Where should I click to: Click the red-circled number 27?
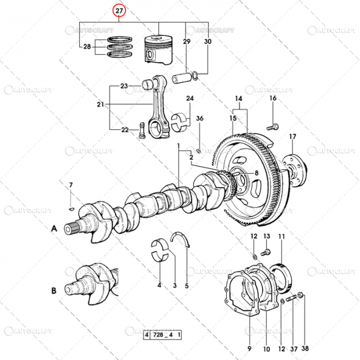point(119,10)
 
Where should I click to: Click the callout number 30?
point(208,41)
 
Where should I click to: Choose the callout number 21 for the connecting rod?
point(100,104)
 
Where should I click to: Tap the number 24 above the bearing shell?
point(190,98)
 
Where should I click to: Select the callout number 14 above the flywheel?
point(239,98)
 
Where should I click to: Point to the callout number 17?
point(292,137)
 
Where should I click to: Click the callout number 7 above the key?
point(71,185)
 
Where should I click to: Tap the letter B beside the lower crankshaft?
point(53,291)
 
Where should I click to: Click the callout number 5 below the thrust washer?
point(186,285)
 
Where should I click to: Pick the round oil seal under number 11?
point(282,275)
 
